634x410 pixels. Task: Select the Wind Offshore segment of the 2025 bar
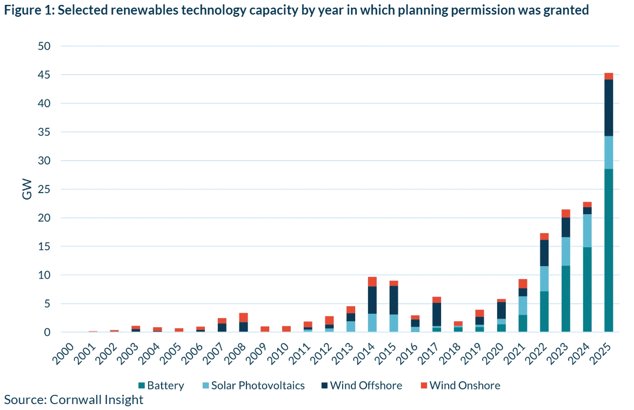pos(609,108)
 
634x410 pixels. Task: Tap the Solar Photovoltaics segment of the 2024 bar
pos(587,230)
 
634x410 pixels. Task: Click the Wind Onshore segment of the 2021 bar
pos(523,283)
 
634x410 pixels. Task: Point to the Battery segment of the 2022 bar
pos(544,312)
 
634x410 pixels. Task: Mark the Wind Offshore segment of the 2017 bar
pos(437,314)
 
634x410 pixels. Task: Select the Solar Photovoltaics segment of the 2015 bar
pos(394,323)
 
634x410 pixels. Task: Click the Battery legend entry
pos(161,386)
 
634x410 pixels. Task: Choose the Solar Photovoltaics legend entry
pos(252,386)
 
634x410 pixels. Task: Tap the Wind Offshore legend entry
pos(361,386)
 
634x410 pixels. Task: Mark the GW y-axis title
pos(27,189)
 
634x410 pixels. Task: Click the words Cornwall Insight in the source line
pos(96,400)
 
